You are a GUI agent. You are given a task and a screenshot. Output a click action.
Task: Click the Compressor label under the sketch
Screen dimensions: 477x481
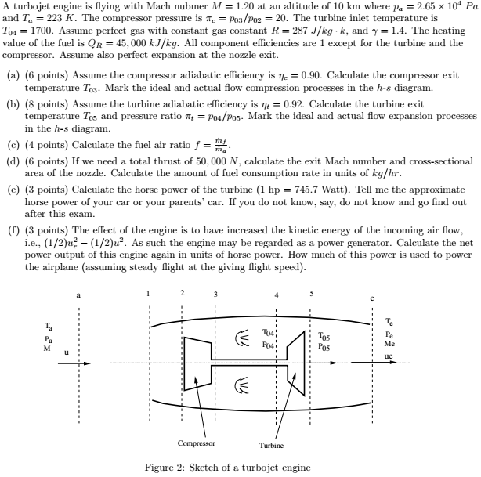[x=196, y=443]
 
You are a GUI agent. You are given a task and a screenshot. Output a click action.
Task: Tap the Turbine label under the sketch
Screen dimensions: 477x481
[x=271, y=446]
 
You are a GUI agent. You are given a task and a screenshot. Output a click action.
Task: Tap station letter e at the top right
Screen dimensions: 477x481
[x=372, y=298]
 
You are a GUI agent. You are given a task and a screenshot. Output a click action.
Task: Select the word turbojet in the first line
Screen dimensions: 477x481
[x=32, y=6]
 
